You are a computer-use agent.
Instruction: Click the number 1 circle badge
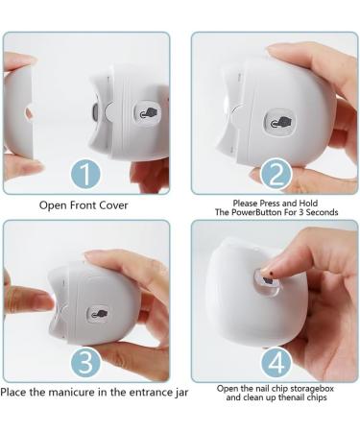pos(86,176)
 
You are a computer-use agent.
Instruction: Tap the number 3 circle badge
pos(86,363)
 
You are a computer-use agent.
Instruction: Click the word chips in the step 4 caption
pos(324,397)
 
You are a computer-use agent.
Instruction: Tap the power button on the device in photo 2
pos(279,121)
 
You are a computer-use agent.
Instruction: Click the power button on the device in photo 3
pos(100,313)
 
